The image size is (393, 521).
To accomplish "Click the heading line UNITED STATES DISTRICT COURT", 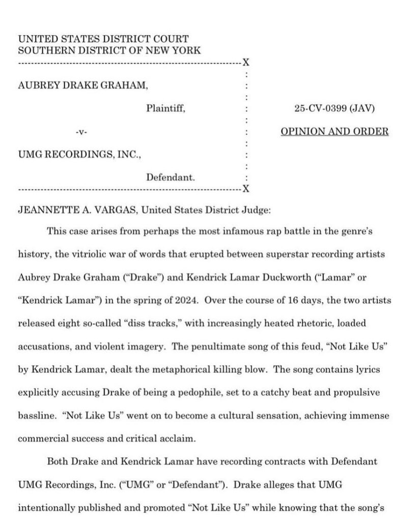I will [x=103, y=39].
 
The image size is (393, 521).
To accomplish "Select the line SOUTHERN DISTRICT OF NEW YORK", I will [x=109, y=50].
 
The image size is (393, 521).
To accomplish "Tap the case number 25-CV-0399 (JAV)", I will [x=334, y=108].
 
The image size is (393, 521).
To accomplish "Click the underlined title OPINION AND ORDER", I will [x=334, y=131].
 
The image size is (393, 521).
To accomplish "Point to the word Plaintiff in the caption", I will [x=165, y=108].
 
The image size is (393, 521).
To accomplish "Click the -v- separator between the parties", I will [x=81, y=132].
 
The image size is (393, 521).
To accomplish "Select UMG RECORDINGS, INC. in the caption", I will [x=79, y=154].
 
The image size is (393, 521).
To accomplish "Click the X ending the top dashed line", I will [x=246, y=63].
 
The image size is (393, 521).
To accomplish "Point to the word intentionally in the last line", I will [x=45, y=508].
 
